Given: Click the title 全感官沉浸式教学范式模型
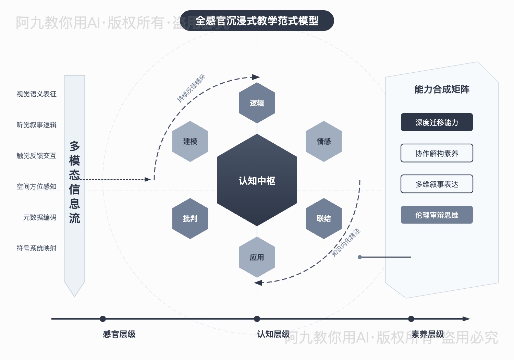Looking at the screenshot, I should pos(257,21).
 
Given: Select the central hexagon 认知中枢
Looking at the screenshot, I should pos(257,180).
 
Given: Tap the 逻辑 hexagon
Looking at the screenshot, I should pos(257,103).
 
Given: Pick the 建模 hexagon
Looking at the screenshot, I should pos(190,141).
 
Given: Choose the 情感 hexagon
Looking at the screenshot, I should pos(323,141).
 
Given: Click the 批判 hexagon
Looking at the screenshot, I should pos(190,218).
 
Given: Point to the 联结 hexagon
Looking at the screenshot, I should pos(323,218).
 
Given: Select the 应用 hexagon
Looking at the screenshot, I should pos(257,257).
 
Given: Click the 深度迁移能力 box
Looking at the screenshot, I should pos(437,122).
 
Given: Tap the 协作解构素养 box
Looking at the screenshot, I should pos(437,153).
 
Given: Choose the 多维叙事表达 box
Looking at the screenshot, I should pos(437,184).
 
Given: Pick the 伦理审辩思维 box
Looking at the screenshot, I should pos(437,215).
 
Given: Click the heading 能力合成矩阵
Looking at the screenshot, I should pos(442,89).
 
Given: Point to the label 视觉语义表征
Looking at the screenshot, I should pos(36,94).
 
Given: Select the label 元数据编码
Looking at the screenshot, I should pos(39,217).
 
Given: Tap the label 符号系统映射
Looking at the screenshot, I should pos(36,248).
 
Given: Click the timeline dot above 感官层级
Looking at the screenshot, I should pos(103,319).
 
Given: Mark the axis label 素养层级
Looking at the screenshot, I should pos(427,334).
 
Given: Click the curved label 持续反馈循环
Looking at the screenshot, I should pos(191,88).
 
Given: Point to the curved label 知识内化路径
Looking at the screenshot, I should pos(346,243).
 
